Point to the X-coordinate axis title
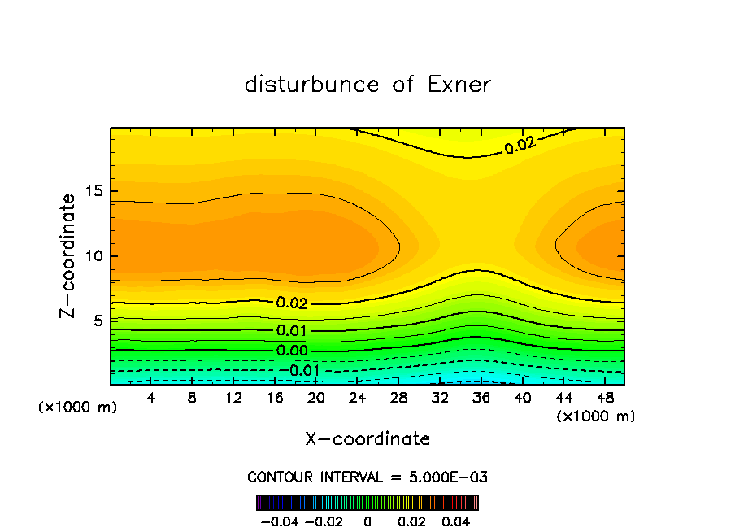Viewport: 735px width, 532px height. click(367, 439)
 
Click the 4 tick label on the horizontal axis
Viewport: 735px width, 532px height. click(151, 398)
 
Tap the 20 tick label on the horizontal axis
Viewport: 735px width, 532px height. click(316, 398)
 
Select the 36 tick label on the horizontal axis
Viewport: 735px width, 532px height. click(481, 398)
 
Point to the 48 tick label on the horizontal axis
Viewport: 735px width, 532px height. click(605, 398)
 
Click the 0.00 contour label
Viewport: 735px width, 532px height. click(292, 351)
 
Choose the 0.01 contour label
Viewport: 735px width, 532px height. click(292, 330)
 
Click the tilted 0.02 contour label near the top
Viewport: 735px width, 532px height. click(520, 146)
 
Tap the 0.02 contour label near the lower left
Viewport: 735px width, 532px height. click(292, 303)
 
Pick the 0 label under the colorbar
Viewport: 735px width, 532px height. click(367, 521)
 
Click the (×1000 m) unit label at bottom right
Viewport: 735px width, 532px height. click(596, 416)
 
